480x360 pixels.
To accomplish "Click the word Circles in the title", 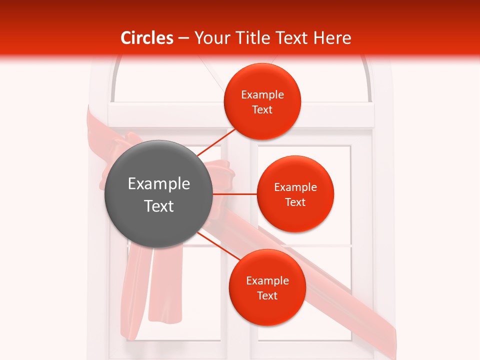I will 147,38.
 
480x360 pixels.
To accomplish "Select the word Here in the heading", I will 333,38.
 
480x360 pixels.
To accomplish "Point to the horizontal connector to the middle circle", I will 234,193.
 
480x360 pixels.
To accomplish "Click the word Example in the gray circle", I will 159,184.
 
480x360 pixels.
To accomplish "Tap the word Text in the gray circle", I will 159,206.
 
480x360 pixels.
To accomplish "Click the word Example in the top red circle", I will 262,95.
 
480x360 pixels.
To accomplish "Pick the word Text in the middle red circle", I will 295,202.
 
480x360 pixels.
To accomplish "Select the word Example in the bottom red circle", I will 267,281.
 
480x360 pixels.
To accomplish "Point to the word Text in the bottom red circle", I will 267,296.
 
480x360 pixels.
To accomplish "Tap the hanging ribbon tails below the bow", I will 150,295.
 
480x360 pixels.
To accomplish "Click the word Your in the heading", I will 209,38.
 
